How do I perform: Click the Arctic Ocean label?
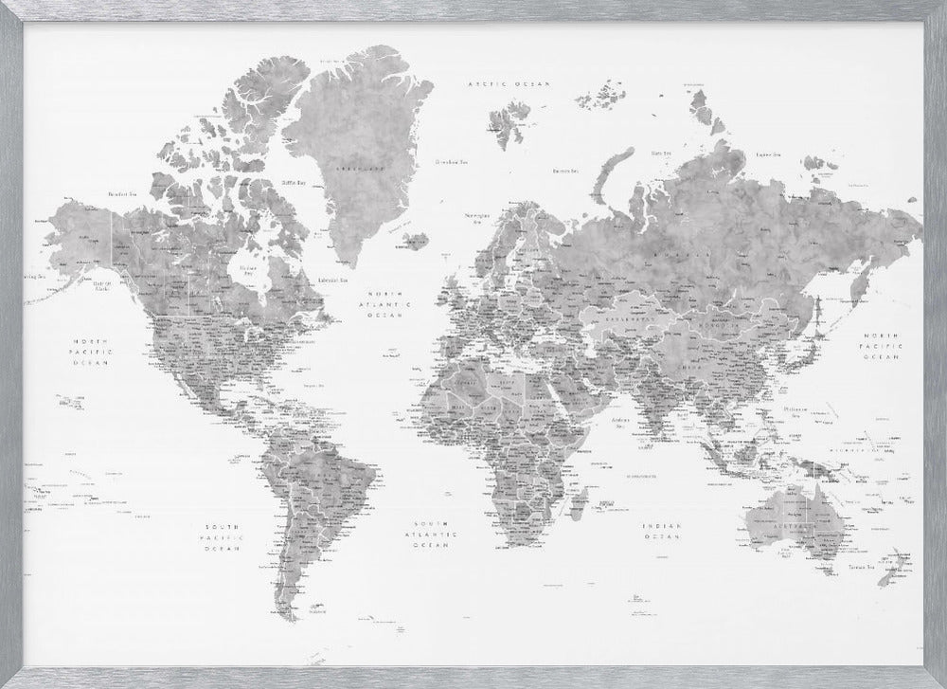click(x=510, y=84)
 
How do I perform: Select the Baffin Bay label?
click(x=293, y=182)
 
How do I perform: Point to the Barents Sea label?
click(x=565, y=171)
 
